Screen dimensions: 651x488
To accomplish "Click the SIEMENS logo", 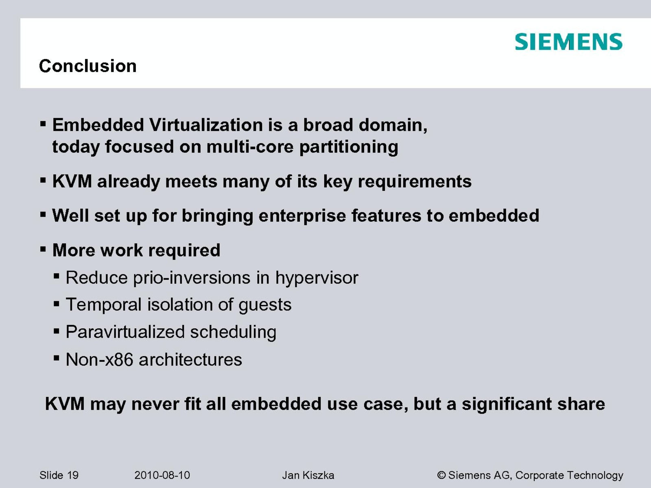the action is pos(568,41).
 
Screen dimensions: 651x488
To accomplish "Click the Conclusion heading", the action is pos(88,66).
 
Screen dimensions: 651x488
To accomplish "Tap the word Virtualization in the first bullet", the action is pos(206,125).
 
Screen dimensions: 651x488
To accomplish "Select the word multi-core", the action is pos(250,147).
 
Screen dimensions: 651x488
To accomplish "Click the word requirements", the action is pos(415,182).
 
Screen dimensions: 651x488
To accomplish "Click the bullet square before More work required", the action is pos(43,249).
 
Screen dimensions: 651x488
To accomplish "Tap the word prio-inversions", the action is pos(192,278).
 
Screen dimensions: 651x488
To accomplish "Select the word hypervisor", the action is pos(317,278).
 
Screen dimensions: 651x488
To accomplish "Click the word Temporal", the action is pos(104,305).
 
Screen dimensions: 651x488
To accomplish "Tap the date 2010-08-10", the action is pos(162,475).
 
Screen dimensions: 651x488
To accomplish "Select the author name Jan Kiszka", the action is pos(308,475).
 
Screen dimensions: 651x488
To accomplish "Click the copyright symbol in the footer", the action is pos(441,475).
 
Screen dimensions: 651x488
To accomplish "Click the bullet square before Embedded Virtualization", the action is pos(43,124).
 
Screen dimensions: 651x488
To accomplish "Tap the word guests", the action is pos(265,305).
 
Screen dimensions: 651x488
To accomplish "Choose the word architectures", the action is pos(190,360).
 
